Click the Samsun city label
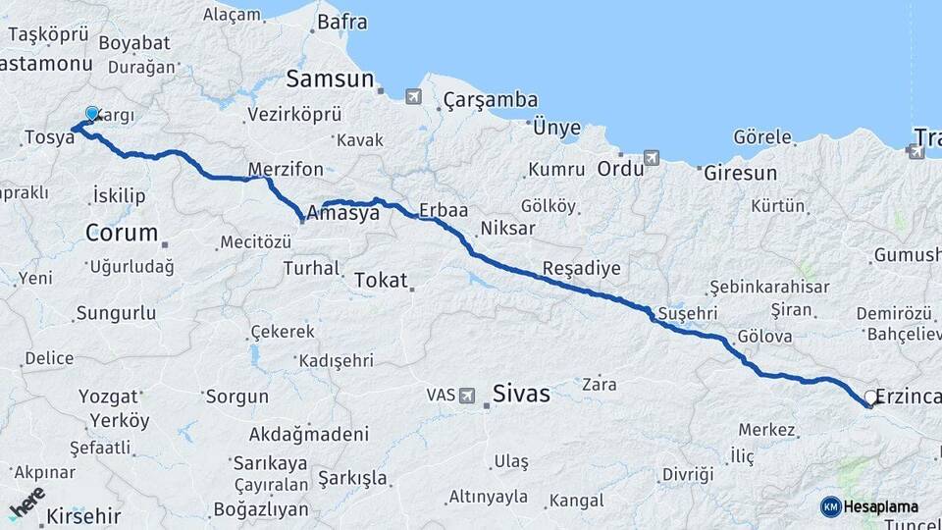click(x=330, y=79)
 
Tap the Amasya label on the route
click(x=342, y=213)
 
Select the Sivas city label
click(x=522, y=394)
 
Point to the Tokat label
click(x=380, y=280)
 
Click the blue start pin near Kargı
click(x=92, y=115)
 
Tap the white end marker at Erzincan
click(x=869, y=397)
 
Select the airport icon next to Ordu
click(x=651, y=157)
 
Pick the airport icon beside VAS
click(x=468, y=396)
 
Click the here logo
click(x=26, y=503)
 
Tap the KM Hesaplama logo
click(x=869, y=506)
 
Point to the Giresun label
click(x=740, y=173)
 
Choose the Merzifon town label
click(x=286, y=167)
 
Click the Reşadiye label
click(x=582, y=269)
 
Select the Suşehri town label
click(x=688, y=312)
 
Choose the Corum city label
click(x=122, y=233)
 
